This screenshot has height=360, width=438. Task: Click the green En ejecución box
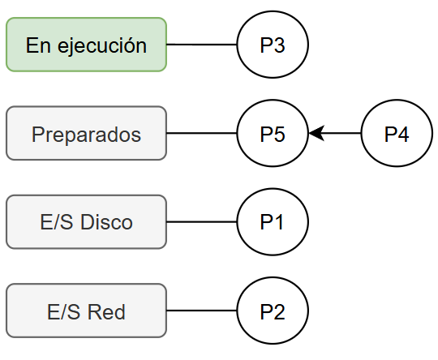click(86, 45)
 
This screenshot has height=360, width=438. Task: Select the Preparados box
click(86, 133)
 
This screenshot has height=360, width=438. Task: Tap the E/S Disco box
click(86, 221)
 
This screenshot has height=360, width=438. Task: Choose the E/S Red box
click(86, 311)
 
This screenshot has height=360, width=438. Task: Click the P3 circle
click(273, 45)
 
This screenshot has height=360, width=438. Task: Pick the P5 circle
click(273, 133)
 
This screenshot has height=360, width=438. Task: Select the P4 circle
click(397, 133)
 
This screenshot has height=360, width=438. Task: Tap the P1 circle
click(273, 221)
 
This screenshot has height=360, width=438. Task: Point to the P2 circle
click(273, 311)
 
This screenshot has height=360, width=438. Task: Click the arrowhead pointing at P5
click(316, 133)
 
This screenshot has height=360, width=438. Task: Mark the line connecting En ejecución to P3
click(202, 45)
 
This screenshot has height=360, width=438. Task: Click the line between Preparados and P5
click(202, 133)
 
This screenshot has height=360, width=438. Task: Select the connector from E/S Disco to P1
click(202, 221)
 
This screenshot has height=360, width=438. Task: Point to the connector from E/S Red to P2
click(202, 311)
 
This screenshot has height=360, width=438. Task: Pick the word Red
click(107, 311)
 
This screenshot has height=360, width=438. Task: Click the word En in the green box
click(36, 45)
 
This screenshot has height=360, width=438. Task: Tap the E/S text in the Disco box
click(54, 222)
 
